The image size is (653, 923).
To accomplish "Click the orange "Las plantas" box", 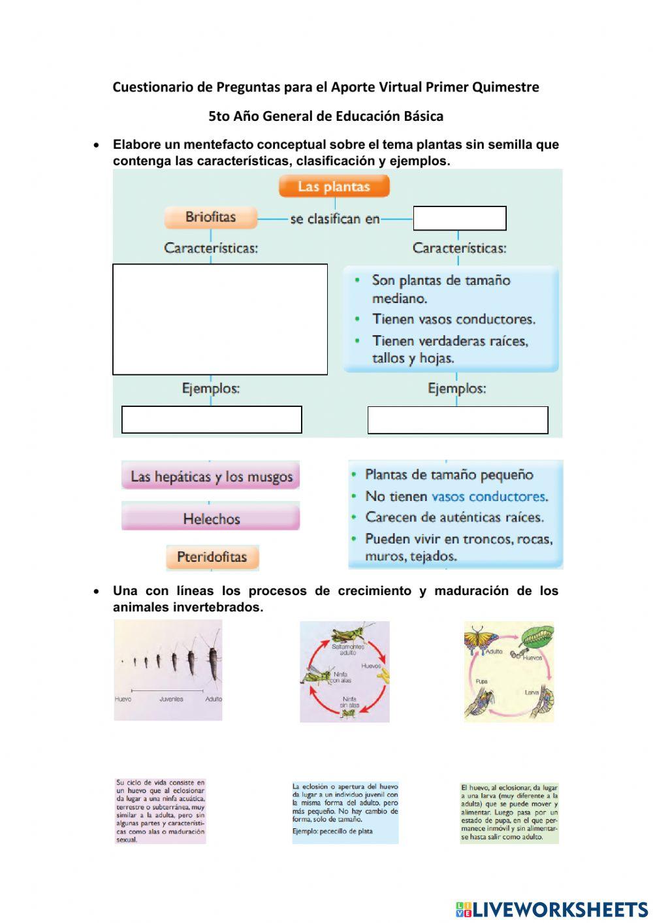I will (x=334, y=187).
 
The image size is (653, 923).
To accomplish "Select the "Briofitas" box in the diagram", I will (x=210, y=218).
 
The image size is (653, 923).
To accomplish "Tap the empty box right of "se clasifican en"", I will (x=460, y=218).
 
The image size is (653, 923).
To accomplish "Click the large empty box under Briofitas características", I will (x=220, y=319).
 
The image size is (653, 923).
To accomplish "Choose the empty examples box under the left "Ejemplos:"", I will (x=212, y=419).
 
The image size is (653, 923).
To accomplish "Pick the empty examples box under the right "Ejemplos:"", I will (x=458, y=420).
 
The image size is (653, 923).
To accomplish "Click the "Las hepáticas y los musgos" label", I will (x=211, y=476).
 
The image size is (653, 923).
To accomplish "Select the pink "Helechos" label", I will (x=211, y=519).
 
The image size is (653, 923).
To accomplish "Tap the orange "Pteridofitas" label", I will (x=212, y=557).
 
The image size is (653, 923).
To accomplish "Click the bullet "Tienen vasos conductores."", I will (x=453, y=319).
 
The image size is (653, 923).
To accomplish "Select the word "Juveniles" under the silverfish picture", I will (x=171, y=699).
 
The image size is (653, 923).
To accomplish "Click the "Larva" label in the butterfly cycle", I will (x=532, y=691).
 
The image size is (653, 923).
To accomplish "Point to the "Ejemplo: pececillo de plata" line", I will (x=333, y=832).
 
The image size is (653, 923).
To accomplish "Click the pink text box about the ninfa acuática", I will (x=160, y=811).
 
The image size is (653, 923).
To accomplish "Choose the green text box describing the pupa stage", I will (x=509, y=812).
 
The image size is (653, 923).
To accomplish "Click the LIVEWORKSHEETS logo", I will (x=552, y=909).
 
